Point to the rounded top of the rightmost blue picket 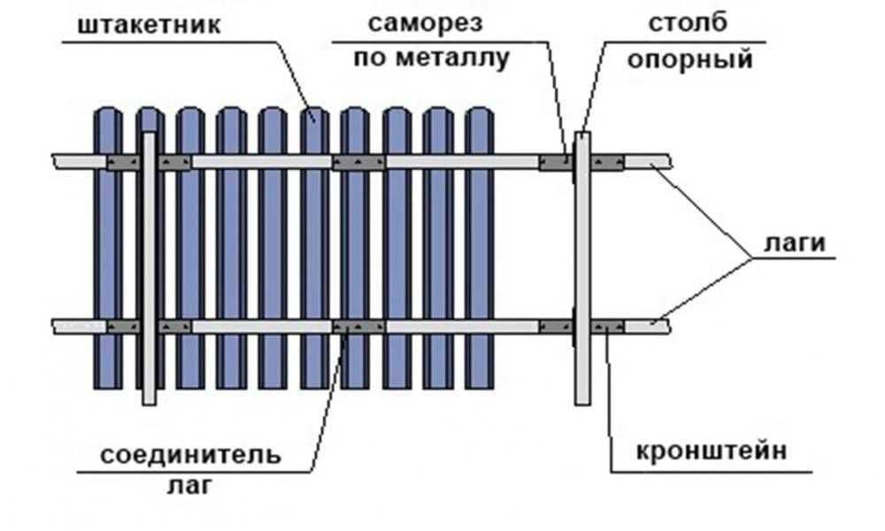tap(479, 115)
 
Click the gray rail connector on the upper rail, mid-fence tap(358, 162)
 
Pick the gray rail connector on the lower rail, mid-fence tap(358, 326)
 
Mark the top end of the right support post tap(582, 136)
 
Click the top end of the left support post tap(149, 136)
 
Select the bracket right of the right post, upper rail tap(608, 162)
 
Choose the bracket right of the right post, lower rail tap(608, 326)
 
